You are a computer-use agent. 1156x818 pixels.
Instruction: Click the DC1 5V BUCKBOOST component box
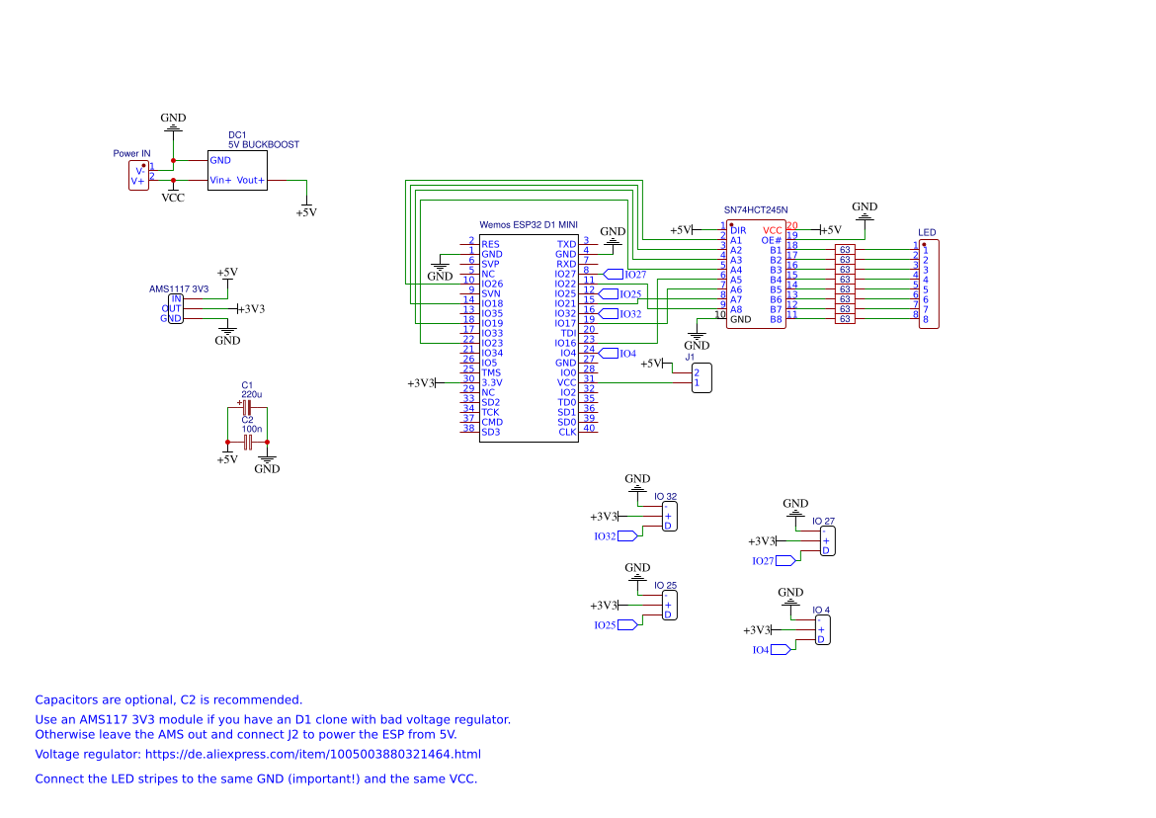236,170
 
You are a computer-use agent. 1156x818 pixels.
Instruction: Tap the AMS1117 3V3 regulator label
179,289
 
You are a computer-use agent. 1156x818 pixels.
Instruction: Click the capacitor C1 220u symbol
247,407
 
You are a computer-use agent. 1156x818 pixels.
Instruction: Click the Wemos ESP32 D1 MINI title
528,225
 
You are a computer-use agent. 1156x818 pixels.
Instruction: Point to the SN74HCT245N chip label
762,210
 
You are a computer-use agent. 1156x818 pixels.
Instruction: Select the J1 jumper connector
702,378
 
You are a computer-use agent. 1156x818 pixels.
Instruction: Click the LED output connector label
927,233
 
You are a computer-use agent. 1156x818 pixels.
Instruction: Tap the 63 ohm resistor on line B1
845,250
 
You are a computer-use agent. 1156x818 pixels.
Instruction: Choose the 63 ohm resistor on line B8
845,319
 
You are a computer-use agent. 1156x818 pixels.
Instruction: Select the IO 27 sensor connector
827,541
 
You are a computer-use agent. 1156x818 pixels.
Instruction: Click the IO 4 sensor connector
822,629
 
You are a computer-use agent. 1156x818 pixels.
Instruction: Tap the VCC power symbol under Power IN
173,197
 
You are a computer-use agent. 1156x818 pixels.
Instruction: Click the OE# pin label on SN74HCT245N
772,240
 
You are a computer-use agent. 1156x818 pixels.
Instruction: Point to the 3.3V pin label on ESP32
492,382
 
